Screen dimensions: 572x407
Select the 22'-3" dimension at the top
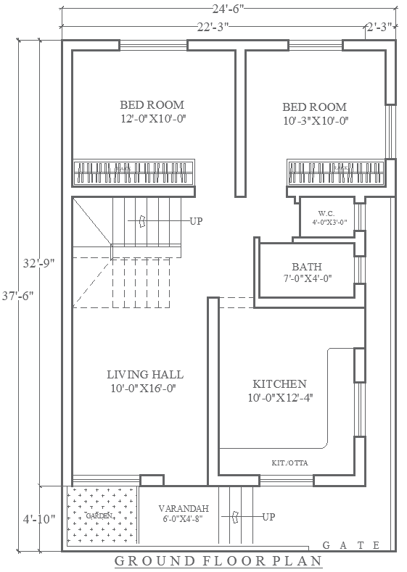point(213,27)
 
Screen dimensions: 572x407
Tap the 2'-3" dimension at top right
point(379,27)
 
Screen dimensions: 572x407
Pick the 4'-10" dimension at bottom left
point(37,519)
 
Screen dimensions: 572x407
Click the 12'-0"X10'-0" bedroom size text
point(153,120)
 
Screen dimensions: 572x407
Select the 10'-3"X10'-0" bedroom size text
point(316,121)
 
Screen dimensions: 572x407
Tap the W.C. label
point(325,213)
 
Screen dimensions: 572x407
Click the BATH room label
point(307,267)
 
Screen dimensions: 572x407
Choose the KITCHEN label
point(279,384)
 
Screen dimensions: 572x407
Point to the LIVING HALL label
point(145,375)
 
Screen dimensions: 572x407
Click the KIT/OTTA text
point(289,461)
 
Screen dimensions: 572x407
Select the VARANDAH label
point(184,508)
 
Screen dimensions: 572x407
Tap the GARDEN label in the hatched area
point(99,515)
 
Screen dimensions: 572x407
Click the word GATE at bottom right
point(350,545)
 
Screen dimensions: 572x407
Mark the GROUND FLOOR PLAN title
point(218,561)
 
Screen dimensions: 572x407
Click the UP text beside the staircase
point(196,220)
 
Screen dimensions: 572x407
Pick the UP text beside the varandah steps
point(268,517)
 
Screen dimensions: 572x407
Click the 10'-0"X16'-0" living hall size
point(145,389)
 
